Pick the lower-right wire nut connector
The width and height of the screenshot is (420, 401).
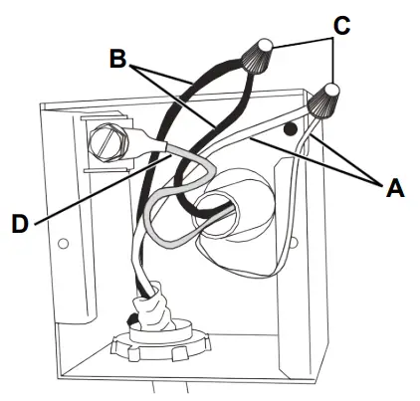pos(323,100)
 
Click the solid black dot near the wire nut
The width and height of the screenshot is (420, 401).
pos(289,129)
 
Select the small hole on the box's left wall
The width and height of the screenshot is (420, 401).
pos(63,243)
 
